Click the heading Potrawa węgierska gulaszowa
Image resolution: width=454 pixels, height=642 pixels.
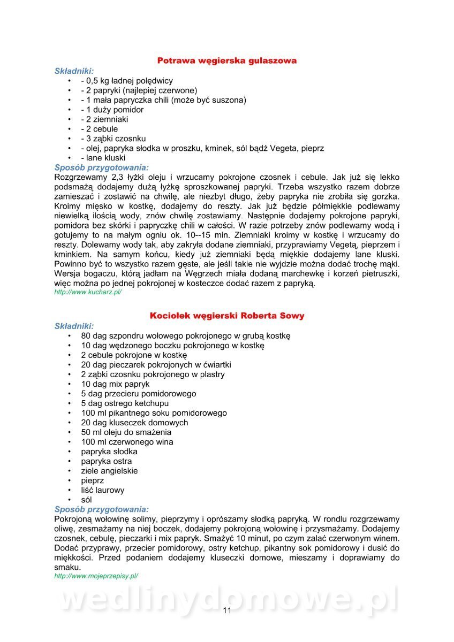click(x=227, y=60)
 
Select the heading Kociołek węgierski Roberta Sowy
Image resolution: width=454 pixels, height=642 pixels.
click(x=227, y=316)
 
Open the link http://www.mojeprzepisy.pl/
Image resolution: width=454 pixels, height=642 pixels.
click(x=96, y=576)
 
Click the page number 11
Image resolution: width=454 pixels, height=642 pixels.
click(x=227, y=610)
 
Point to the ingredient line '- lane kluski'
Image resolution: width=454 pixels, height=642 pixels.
click(x=103, y=158)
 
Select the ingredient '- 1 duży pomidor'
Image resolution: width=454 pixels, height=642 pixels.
click(x=112, y=110)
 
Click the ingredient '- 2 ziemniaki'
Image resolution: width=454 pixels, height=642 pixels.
click(x=104, y=119)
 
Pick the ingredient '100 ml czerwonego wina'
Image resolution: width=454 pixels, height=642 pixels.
click(x=127, y=442)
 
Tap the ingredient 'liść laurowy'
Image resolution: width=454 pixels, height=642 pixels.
click(x=103, y=490)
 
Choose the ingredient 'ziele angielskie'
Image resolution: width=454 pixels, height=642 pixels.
click(x=109, y=471)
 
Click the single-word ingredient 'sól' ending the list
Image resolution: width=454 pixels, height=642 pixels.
click(x=87, y=500)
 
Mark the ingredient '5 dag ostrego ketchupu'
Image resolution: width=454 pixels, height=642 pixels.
click(x=125, y=403)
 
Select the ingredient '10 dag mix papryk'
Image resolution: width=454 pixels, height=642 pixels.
click(x=115, y=384)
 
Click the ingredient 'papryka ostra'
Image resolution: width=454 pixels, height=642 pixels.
click(x=107, y=461)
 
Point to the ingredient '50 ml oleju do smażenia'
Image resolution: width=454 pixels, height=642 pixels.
click(x=126, y=432)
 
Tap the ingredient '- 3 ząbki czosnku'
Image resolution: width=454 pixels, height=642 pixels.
click(x=113, y=139)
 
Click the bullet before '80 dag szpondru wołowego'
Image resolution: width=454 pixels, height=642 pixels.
click(x=70, y=336)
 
